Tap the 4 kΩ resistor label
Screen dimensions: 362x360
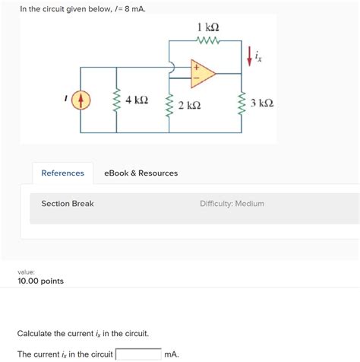tap(137, 100)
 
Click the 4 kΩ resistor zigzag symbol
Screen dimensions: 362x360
tap(117, 100)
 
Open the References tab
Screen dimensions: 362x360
tap(62, 173)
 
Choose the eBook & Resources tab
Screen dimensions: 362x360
tap(141, 173)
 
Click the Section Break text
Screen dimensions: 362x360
tap(68, 204)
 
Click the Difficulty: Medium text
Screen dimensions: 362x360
tap(232, 204)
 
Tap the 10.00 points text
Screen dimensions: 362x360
tap(40, 281)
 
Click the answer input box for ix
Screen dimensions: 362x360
tap(137, 354)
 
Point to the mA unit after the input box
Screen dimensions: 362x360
tap(172, 354)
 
